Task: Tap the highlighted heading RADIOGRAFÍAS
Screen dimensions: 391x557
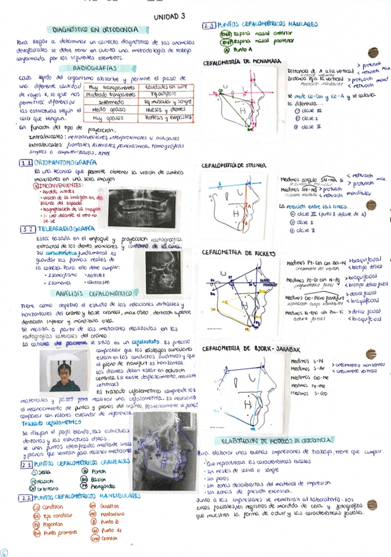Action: pos(96,68)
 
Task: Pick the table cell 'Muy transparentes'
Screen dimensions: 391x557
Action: pos(105,87)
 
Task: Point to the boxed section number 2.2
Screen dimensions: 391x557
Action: pos(26,497)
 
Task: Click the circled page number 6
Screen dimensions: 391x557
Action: pos(5,552)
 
